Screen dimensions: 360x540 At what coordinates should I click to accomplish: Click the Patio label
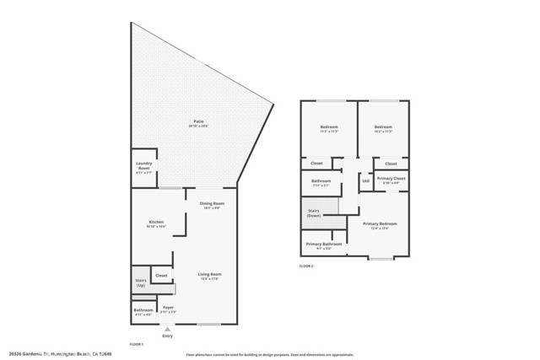point(198,122)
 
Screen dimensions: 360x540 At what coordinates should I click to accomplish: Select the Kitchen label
point(157,223)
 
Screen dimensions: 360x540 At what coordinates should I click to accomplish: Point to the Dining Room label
point(212,204)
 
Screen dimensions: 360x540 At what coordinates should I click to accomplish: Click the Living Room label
point(209,275)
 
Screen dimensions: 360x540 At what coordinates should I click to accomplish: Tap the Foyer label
point(169,308)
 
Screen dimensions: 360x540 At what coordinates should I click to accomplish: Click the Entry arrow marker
point(167,329)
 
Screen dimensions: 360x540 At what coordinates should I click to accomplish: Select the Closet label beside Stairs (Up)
point(161,276)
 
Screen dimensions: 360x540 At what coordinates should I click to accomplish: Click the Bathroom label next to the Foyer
point(143,310)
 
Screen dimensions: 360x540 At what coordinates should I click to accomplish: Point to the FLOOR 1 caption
point(136,344)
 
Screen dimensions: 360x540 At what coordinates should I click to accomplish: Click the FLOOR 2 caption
point(306,266)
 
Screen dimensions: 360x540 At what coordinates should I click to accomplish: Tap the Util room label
point(365,180)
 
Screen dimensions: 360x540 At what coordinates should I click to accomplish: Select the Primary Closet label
point(391,179)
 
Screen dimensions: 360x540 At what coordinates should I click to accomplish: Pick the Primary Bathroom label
point(323,245)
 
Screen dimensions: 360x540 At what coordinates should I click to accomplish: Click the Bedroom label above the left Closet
point(329,128)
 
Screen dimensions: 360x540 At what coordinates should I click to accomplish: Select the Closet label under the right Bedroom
point(391,163)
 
